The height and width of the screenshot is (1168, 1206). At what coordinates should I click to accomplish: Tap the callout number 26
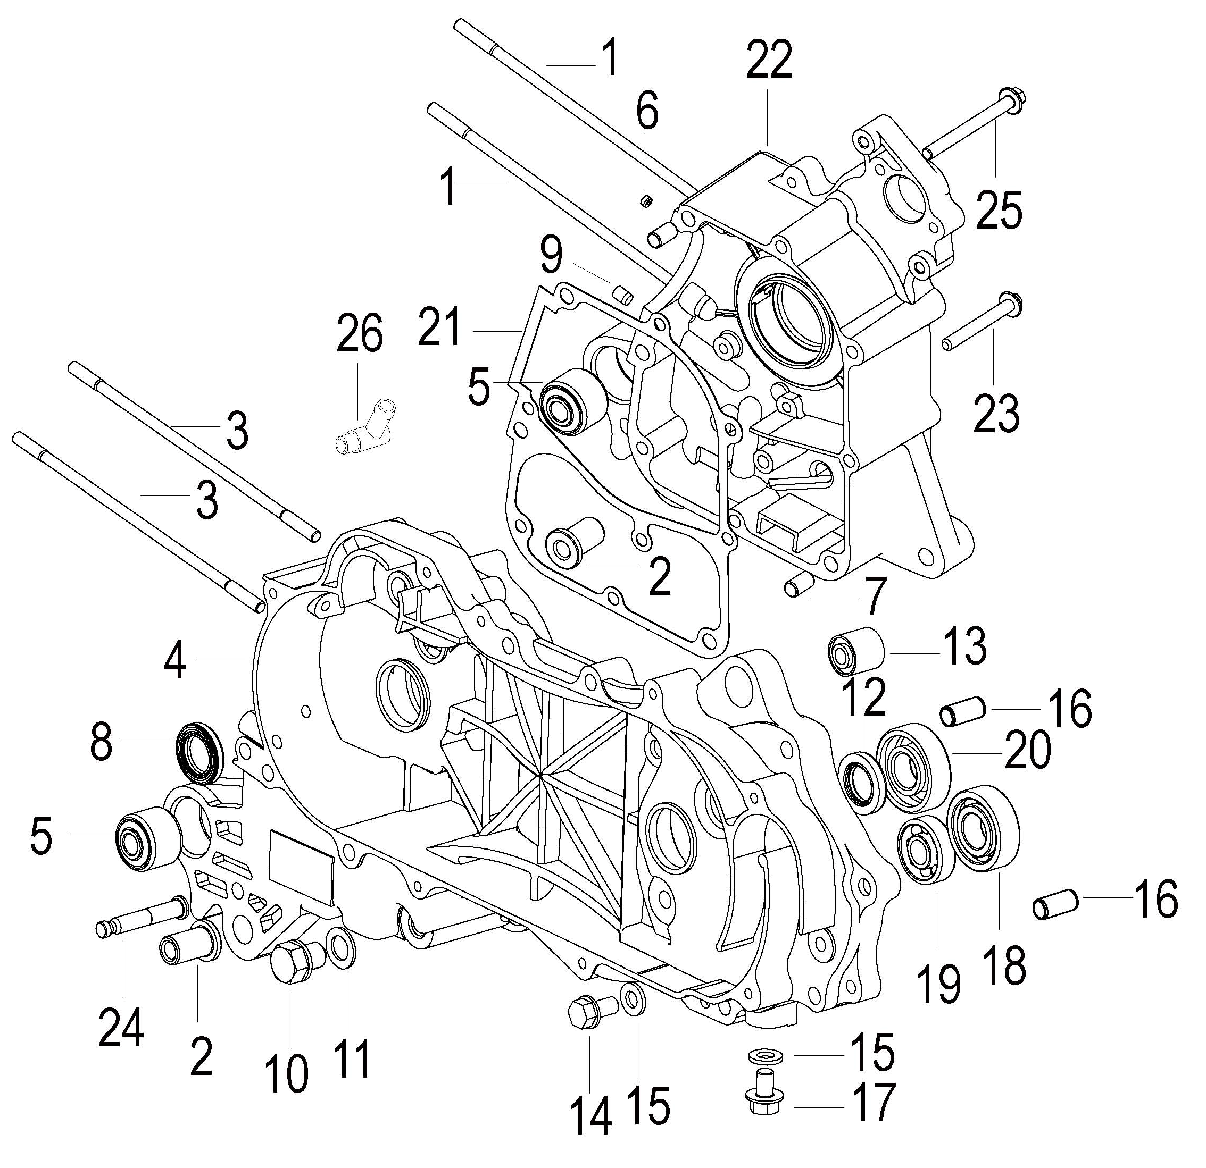click(x=359, y=333)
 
